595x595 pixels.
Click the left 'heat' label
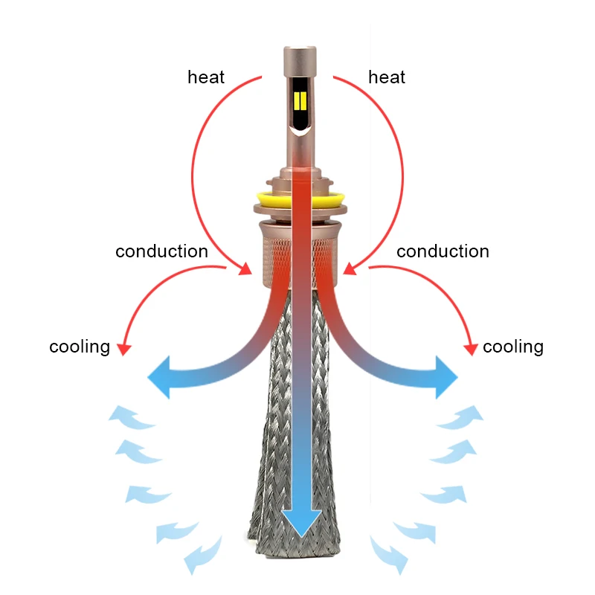pyautogui.click(x=206, y=77)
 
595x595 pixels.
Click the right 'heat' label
pyautogui.click(x=387, y=77)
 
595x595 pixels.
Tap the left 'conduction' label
pyautogui.click(x=161, y=251)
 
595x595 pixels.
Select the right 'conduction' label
pyautogui.click(x=443, y=251)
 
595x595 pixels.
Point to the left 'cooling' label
pyautogui.click(x=80, y=347)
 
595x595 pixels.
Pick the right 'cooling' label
pyautogui.click(x=513, y=347)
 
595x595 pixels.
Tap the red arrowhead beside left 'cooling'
pyautogui.click(x=124, y=347)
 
